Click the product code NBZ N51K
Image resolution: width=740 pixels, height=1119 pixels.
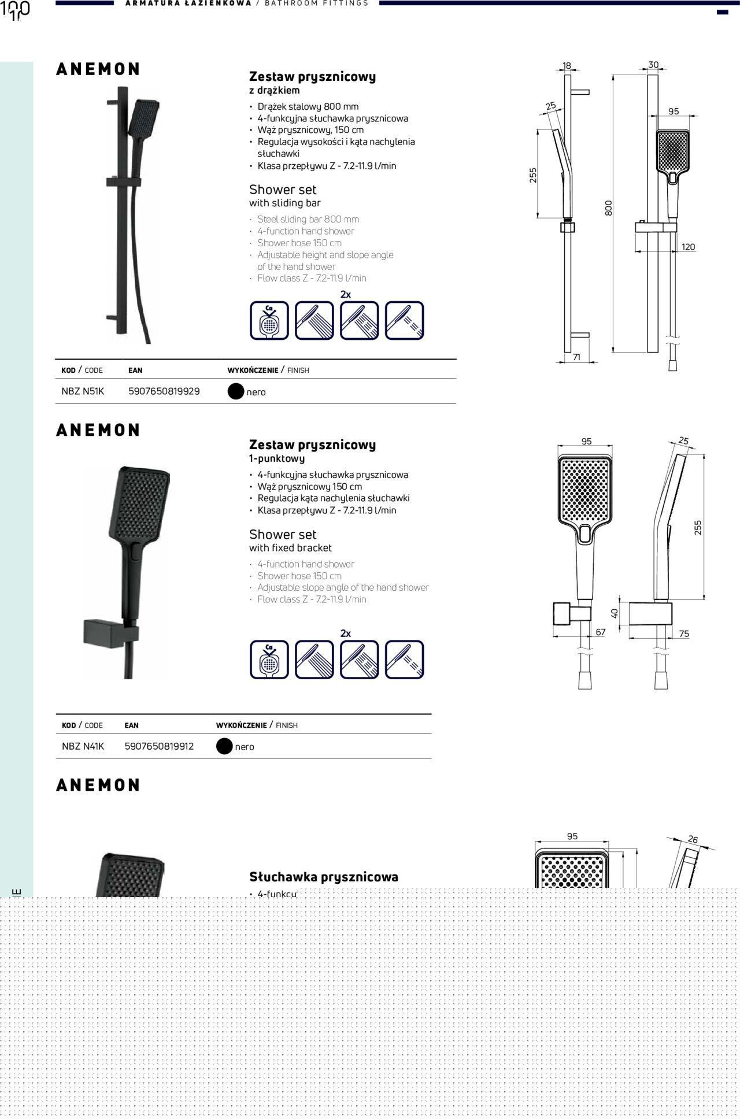[83, 391]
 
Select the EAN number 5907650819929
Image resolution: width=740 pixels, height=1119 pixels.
[164, 391]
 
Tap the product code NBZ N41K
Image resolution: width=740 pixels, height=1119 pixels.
[83, 746]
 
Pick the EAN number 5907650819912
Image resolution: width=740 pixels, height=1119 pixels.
[159, 746]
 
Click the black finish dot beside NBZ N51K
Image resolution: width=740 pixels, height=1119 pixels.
[236, 392]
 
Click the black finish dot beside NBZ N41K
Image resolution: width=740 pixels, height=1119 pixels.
[224, 747]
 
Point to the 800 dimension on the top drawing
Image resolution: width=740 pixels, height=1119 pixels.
[608, 208]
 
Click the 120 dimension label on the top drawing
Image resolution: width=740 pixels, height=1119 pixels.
[688, 247]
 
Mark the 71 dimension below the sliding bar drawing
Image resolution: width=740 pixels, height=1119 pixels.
[576, 358]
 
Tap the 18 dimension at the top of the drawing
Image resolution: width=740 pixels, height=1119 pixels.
[567, 66]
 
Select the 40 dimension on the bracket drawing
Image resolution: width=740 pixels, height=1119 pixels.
[615, 613]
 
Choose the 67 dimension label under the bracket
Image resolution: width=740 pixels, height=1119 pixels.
[601, 632]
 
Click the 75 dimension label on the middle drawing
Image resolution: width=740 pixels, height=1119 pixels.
[684, 634]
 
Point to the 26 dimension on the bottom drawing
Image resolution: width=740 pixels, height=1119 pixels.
[693, 839]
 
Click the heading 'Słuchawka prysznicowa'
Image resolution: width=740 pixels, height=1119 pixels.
[324, 877]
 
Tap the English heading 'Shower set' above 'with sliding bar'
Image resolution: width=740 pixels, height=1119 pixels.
[283, 190]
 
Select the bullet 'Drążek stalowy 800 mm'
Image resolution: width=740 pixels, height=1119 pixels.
[308, 106]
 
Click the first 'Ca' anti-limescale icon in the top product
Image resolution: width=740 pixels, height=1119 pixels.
[269, 320]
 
